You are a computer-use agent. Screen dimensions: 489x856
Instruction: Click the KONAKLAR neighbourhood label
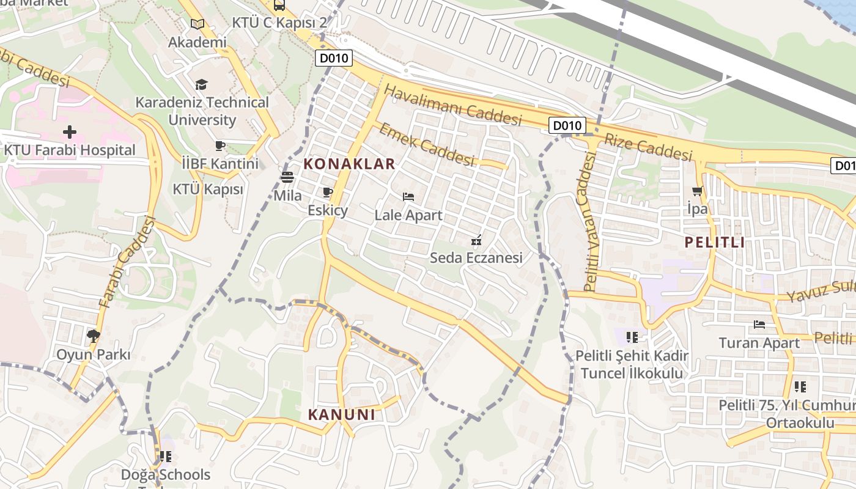coord(349,164)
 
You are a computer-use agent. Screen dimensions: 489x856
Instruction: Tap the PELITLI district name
coord(715,242)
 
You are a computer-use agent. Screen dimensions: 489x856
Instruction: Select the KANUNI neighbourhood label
coord(341,414)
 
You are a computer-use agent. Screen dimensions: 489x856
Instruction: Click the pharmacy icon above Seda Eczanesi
coord(476,240)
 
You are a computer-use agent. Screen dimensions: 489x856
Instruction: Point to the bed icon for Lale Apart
coord(408,197)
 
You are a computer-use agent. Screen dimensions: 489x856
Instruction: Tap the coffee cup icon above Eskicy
coord(328,193)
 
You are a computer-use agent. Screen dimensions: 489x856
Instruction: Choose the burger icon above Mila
coord(287,177)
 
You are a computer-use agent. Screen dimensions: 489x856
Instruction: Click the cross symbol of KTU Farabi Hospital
coord(70,131)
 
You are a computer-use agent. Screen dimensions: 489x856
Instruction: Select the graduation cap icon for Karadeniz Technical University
coord(201,84)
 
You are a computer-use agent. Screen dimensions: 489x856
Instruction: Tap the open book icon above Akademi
coord(197,24)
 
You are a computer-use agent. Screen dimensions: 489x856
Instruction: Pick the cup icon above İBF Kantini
coord(220,145)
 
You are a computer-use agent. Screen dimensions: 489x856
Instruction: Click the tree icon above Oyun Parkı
coord(94,336)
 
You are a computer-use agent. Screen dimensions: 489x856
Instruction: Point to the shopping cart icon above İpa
coord(697,191)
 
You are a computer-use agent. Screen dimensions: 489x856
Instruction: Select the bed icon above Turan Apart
coord(759,325)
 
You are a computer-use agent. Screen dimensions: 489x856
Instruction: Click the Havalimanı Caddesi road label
coord(452,105)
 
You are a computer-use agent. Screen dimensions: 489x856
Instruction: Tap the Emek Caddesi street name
coord(426,144)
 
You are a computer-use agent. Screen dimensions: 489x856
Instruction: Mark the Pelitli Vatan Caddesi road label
coord(589,222)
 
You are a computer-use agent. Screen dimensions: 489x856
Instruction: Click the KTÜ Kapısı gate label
coord(208,189)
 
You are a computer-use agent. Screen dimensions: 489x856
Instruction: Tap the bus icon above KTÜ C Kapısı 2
coord(279,6)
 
